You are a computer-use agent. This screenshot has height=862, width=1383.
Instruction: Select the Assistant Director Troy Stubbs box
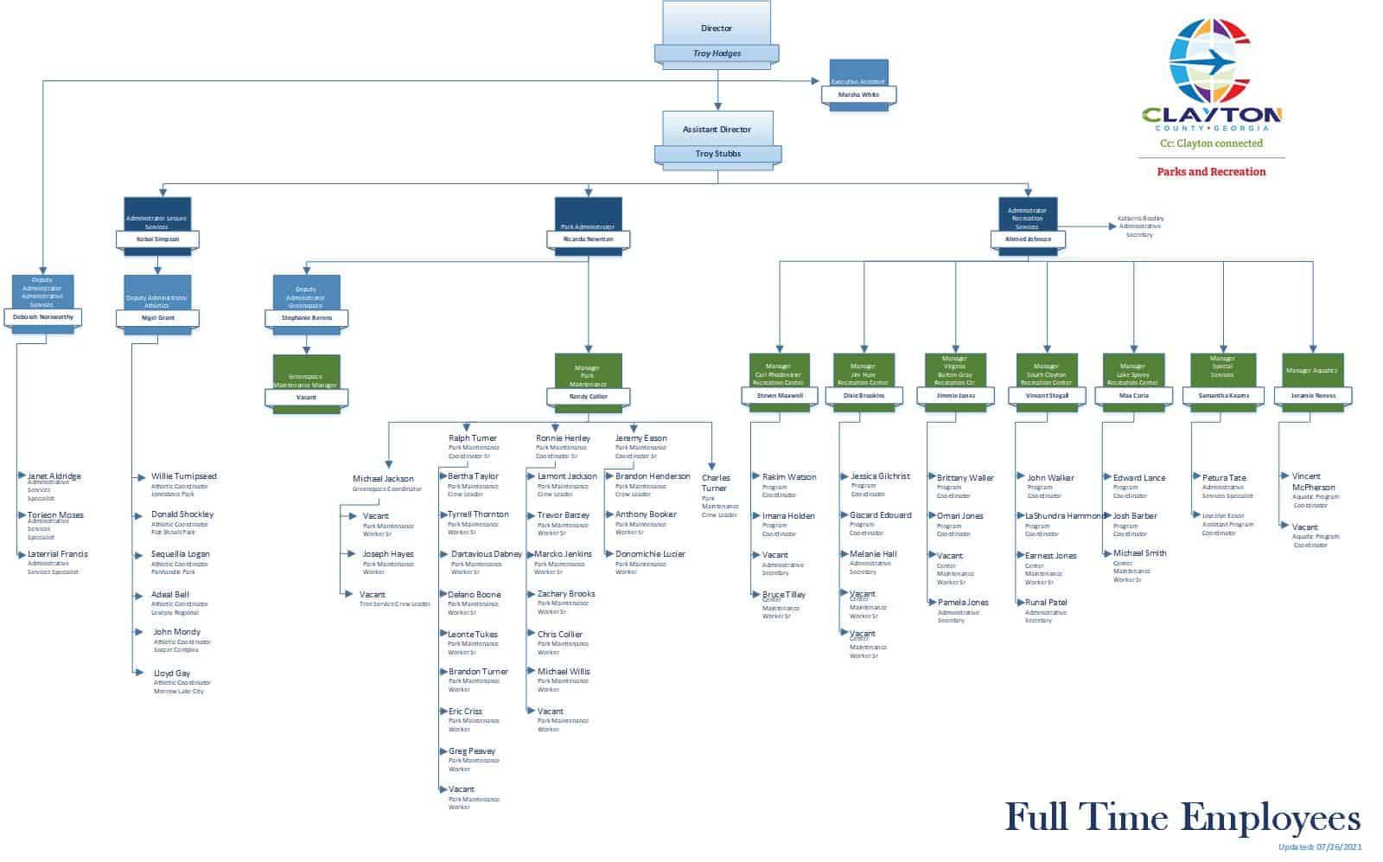tap(717, 138)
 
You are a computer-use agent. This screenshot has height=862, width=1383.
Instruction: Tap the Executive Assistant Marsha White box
tap(858, 86)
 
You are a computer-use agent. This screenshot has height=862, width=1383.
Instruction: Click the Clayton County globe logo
tap(1213, 61)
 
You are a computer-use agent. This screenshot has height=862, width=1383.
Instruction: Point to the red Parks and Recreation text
tap(1211, 171)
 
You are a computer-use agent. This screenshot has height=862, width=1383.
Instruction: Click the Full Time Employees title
tap(1182, 817)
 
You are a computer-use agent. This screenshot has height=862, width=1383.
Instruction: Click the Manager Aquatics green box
tap(1312, 376)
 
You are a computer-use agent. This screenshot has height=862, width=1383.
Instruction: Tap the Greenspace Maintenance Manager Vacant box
tap(306, 383)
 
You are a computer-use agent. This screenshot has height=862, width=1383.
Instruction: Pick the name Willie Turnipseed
tap(183, 476)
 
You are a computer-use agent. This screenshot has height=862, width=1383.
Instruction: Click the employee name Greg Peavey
tap(472, 751)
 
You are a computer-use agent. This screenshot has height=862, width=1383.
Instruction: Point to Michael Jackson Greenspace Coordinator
tap(383, 479)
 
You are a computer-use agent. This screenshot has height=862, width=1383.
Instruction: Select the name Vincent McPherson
tap(1313, 482)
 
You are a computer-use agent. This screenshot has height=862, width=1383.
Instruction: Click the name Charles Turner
tap(716, 482)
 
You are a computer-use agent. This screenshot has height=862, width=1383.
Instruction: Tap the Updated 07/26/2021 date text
tap(1319, 847)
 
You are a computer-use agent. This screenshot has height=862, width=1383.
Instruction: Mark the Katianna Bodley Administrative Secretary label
tap(1139, 227)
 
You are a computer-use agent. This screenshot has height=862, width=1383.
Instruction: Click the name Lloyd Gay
tap(172, 674)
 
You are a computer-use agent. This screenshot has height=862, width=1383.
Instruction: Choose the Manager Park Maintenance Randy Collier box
tap(588, 380)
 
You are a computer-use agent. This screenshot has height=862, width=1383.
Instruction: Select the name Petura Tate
tap(1224, 477)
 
